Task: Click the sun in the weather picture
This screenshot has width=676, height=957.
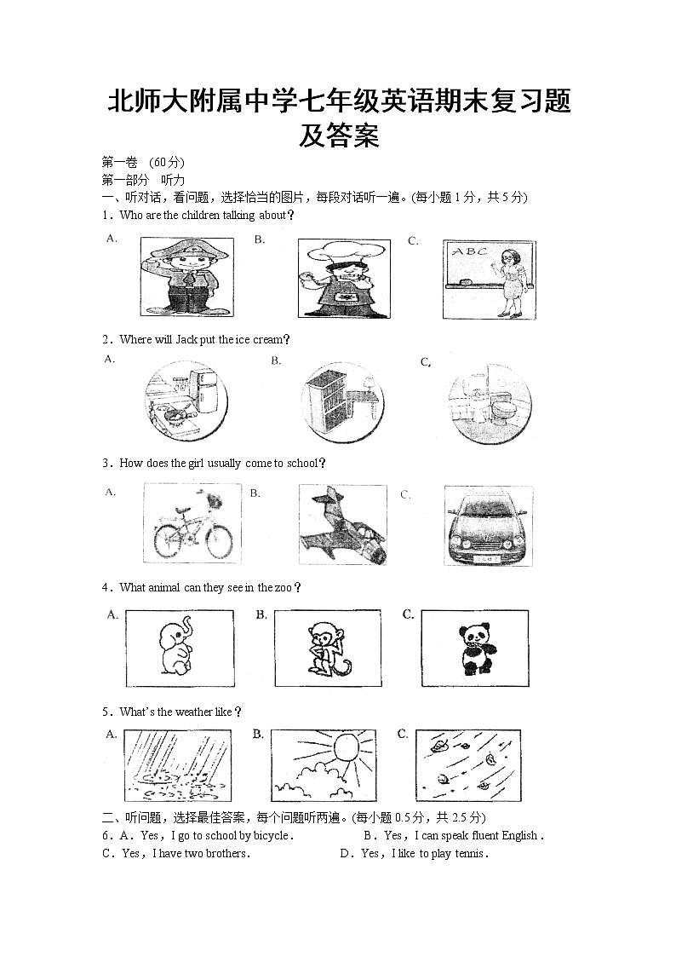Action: click(x=347, y=749)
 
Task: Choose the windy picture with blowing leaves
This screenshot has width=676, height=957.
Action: click(x=467, y=764)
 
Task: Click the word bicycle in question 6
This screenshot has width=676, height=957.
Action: click(x=272, y=836)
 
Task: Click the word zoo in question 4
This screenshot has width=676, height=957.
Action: click(x=282, y=587)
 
